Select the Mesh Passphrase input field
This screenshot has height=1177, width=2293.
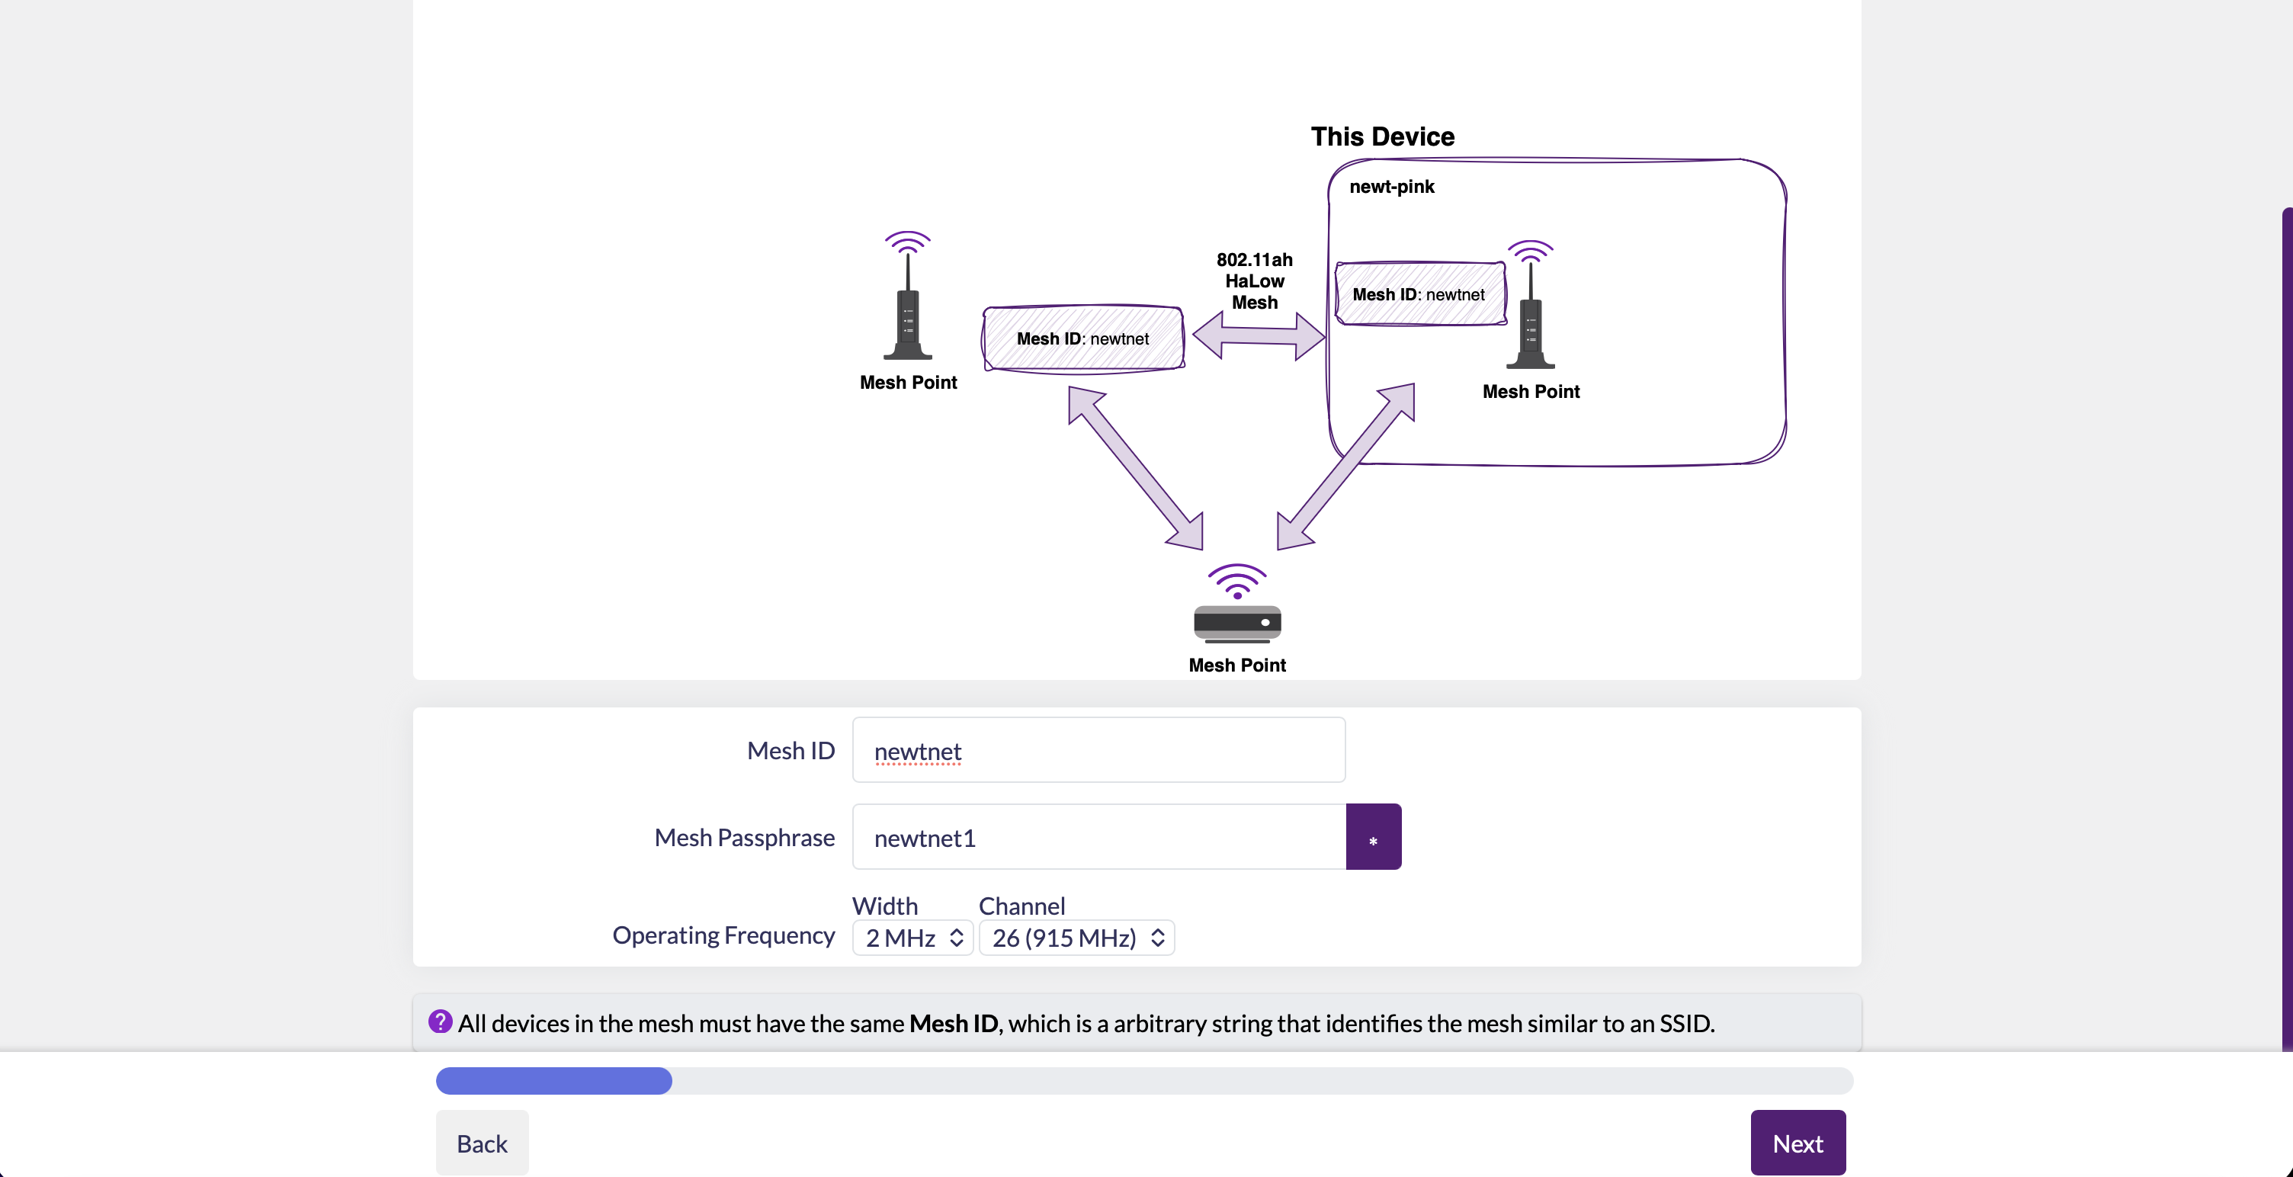[x=1098, y=837]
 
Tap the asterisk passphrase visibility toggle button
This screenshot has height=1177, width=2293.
[x=1374, y=837]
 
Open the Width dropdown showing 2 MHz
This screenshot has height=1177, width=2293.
[x=912, y=938]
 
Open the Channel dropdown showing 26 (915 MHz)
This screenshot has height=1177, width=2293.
[x=1076, y=938]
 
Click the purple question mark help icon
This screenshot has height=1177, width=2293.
[x=440, y=1021]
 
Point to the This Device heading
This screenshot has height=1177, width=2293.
[x=1382, y=136]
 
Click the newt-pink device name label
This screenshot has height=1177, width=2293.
[x=1391, y=186]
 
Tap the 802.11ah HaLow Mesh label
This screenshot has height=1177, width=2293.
[x=1254, y=281]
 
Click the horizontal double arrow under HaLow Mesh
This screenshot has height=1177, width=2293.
[x=1259, y=335]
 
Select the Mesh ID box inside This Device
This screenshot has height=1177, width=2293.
[x=1419, y=293]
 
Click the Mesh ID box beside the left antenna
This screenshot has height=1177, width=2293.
[x=1083, y=338]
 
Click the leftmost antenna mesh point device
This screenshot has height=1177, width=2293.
[x=907, y=296]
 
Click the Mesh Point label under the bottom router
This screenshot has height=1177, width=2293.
[x=1237, y=665]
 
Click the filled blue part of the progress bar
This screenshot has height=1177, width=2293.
[x=553, y=1080]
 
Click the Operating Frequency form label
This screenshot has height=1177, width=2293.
[x=723, y=935]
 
